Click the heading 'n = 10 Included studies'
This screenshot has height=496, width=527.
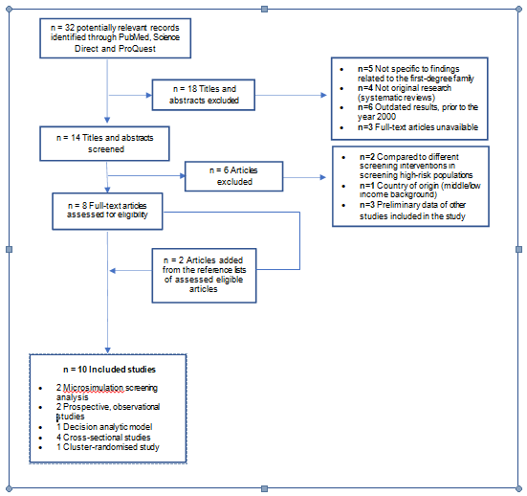click(110, 370)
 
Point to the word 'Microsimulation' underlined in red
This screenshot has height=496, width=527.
click(93, 388)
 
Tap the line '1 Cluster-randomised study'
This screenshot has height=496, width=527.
click(108, 447)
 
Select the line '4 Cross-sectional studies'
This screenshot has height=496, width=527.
click(103, 438)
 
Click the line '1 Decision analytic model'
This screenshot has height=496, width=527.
click(104, 427)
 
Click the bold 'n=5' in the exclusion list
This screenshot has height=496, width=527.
click(365, 69)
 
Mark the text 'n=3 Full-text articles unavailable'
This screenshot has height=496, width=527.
click(418, 126)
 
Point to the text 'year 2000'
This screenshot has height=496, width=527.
click(377, 117)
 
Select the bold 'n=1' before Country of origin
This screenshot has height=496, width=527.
click(367, 186)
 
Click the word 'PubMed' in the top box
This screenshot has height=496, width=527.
click(134, 37)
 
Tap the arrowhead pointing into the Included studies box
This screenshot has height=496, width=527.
click(107, 350)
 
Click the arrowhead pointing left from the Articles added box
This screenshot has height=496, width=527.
click(113, 271)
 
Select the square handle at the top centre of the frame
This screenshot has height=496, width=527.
click(265, 9)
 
